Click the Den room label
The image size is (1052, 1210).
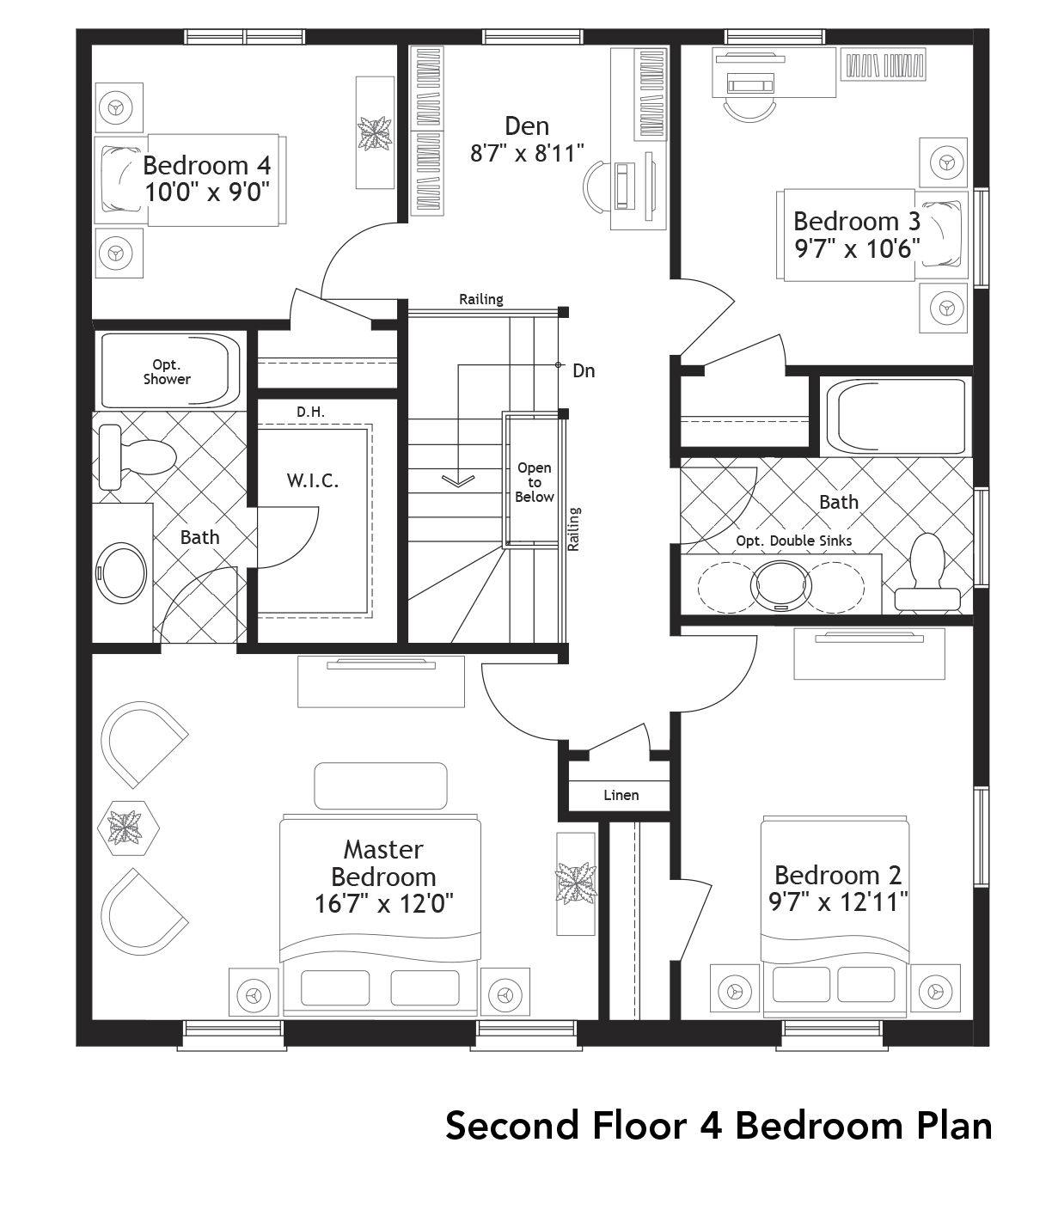[526, 126]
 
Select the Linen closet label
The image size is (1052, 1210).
[621, 795]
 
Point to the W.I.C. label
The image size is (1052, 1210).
[313, 480]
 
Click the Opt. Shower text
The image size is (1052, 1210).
[167, 372]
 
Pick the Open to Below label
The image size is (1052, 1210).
[534, 482]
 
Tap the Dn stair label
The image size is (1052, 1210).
[584, 370]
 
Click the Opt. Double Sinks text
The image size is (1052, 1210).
[793, 541]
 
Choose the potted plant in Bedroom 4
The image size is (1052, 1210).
[376, 134]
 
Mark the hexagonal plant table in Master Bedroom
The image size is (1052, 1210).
[132, 828]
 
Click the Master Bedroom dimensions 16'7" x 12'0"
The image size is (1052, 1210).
[383, 904]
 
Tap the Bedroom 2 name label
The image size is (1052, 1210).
[837, 875]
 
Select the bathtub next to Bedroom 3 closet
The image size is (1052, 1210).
[896, 417]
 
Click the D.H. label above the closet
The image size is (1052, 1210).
[310, 412]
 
